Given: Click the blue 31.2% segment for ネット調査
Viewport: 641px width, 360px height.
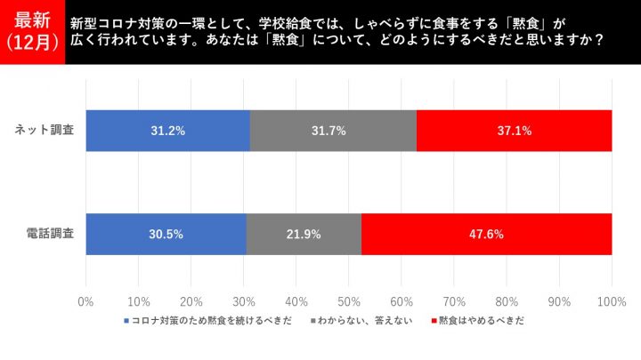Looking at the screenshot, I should tap(168, 131).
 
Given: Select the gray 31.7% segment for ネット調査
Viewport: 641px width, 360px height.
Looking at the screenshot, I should tap(333, 131).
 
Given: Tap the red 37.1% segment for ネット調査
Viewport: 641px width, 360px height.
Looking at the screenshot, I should tap(514, 131).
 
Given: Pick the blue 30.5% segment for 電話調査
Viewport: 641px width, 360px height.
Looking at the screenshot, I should tap(166, 235).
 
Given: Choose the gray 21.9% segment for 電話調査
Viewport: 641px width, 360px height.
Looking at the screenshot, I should tap(304, 235).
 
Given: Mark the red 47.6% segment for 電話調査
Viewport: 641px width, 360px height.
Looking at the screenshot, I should tap(486, 235).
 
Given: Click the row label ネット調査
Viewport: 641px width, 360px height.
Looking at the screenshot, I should tap(45, 131).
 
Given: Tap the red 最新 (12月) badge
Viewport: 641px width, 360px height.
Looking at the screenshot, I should tap(33, 32).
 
